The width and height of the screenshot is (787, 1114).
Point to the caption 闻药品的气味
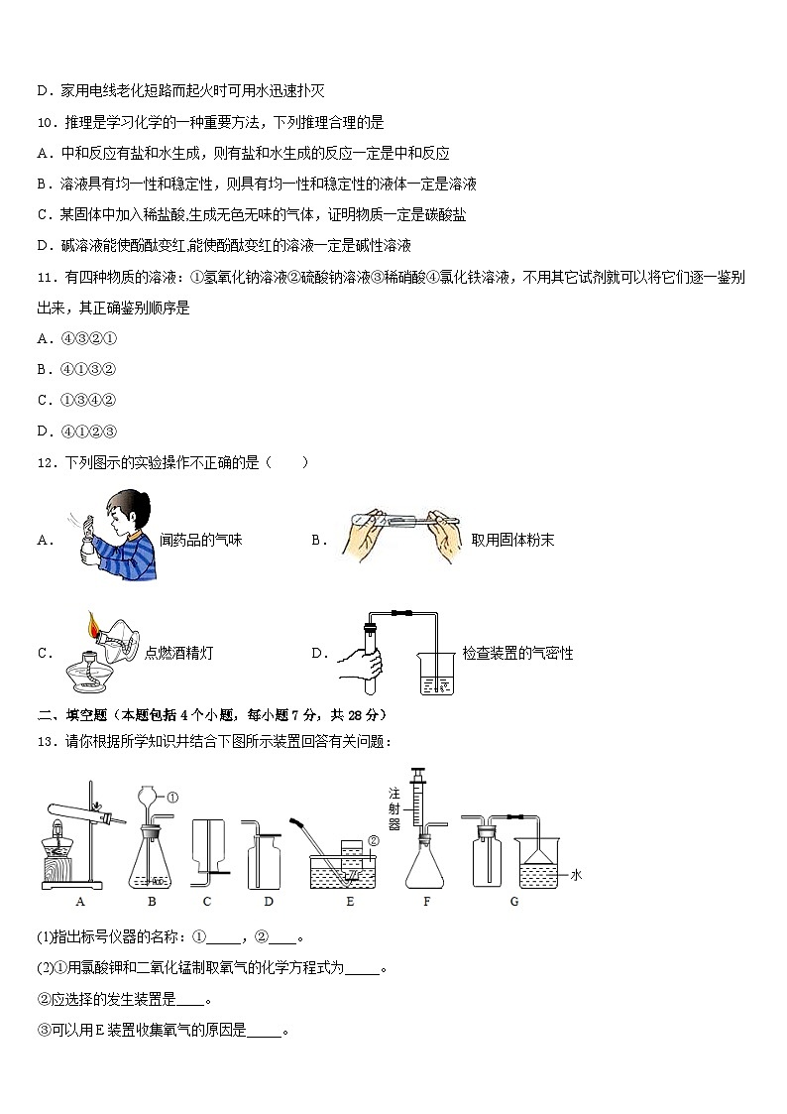[200, 541]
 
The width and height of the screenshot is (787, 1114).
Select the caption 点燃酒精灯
[178, 653]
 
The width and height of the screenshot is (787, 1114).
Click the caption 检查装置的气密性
[517, 653]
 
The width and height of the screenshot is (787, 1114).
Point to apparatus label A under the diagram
[78, 902]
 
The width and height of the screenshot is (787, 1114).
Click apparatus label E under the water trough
[350, 902]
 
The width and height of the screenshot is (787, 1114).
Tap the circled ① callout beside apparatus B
[171, 797]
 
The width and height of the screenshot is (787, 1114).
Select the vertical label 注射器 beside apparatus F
[393, 808]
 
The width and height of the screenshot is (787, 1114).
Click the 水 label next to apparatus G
[574, 875]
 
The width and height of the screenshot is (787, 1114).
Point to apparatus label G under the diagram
[513, 902]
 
